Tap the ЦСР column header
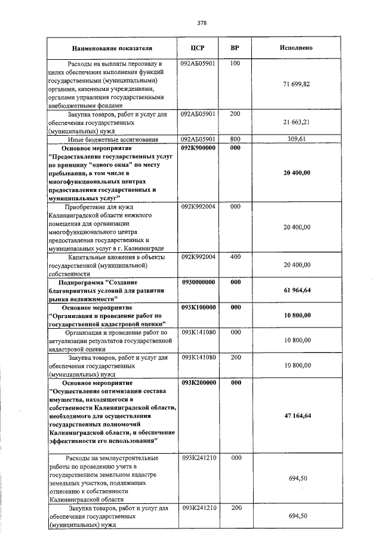tap(198, 48)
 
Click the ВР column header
tap(235, 48)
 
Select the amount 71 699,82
tap(296, 84)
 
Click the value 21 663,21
tap(296, 122)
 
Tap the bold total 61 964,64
tap(296, 290)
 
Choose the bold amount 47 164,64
tap(296, 415)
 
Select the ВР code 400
tap(235, 256)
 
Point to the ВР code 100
tap(235, 63)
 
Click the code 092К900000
tap(198, 147)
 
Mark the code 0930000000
tap(198, 282)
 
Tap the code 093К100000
tap(198, 307)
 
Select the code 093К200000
tap(198, 382)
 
